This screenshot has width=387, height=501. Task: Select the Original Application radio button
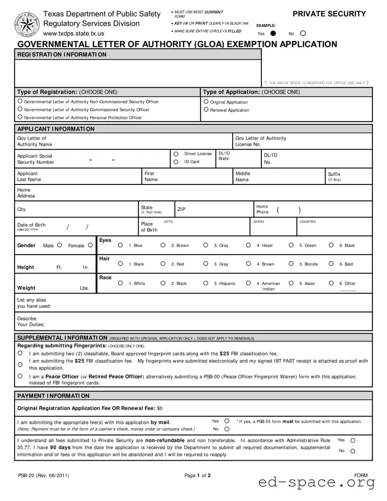(206, 102)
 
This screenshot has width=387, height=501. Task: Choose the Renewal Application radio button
(206, 110)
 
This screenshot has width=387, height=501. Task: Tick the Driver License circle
(176, 154)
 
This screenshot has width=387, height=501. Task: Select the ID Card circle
(176, 162)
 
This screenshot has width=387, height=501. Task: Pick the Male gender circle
(60, 245)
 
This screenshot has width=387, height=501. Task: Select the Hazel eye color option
(248, 245)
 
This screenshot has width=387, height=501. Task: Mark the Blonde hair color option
(291, 264)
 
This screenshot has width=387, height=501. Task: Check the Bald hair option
(331, 264)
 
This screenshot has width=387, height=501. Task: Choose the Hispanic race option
(205, 283)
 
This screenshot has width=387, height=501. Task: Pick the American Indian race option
(248, 283)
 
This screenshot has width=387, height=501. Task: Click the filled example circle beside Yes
(273, 33)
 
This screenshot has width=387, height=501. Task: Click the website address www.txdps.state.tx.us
(73, 33)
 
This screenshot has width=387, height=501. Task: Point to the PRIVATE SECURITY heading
(329, 14)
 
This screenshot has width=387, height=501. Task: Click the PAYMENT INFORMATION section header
(53, 396)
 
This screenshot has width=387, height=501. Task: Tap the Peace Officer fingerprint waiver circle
(20, 376)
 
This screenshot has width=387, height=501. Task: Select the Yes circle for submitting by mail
(227, 421)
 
